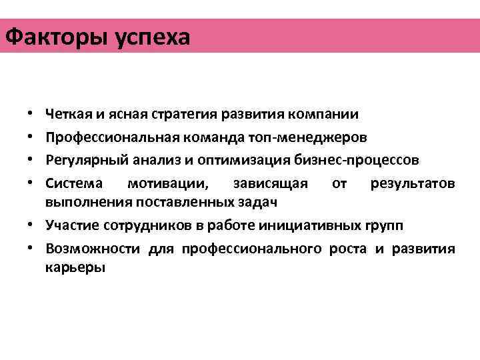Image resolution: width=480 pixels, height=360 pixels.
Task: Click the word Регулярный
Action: click(85, 160)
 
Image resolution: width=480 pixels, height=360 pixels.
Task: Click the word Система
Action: click(71, 183)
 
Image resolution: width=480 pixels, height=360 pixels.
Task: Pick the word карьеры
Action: click(75, 268)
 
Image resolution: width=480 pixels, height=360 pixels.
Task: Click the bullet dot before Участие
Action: click(31, 226)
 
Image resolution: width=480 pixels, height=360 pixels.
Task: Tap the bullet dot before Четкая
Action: click(31, 114)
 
